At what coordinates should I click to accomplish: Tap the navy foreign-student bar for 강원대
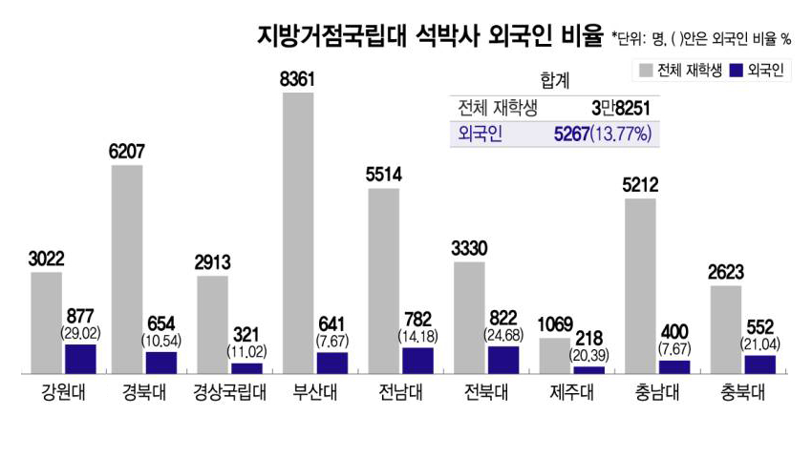[x=80, y=358]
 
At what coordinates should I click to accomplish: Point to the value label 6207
[x=126, y=151]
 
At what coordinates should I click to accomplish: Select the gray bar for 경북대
[x=126, y=268]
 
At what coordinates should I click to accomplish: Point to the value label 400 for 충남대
[x=674, y=332]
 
